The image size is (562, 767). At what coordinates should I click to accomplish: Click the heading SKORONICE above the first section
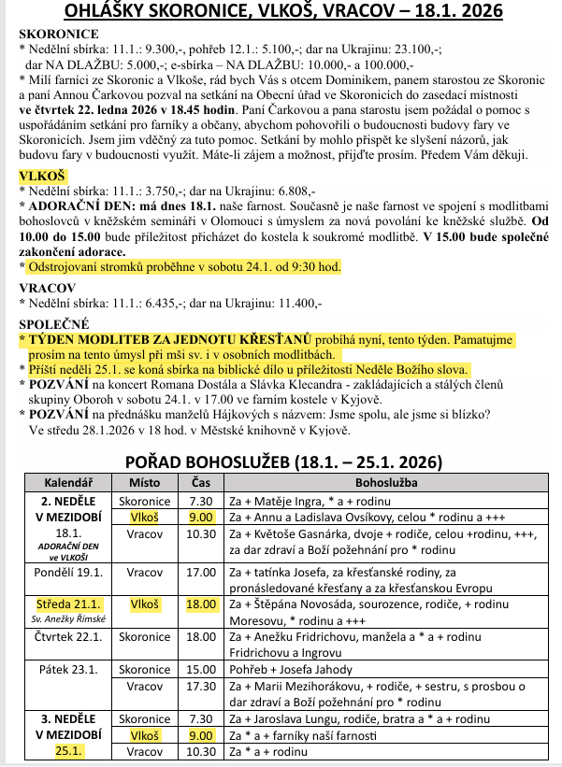point(59,33)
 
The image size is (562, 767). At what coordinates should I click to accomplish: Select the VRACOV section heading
point(47,289)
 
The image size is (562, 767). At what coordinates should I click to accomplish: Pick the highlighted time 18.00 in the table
point(201,604)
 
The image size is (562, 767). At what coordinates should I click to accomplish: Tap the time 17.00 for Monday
point(201,572)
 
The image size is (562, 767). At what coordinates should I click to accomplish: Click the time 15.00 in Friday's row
point(201,669)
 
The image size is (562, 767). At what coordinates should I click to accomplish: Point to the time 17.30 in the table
point(201,686)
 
